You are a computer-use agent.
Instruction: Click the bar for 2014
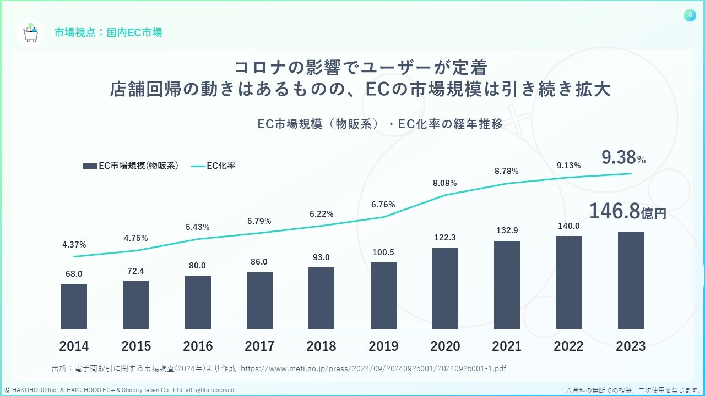pos(74,306)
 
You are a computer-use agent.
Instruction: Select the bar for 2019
pos(383,296)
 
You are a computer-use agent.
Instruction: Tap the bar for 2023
pos(631,280)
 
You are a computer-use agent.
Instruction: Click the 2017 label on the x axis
pos(259,346)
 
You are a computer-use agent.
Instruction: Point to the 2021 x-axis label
pos(507,346)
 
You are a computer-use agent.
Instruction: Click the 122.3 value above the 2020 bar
pos(445,238)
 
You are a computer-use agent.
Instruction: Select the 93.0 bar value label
pos(321,257)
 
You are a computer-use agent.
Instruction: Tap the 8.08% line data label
pos(445,183)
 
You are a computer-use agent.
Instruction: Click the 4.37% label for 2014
pos(74,244)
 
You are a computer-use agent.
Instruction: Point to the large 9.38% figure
pos(623,159)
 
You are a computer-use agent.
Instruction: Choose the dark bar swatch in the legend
pos(90,166)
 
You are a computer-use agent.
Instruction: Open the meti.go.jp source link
pos(373,368)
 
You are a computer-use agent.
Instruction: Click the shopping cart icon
pos(30,33)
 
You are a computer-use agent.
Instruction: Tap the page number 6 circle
pos(690,15)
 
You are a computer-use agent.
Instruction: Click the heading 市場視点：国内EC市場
pos(108,32)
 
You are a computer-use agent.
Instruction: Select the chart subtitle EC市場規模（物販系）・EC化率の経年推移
pos(380,124)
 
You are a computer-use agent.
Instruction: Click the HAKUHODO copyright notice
pos(120,390)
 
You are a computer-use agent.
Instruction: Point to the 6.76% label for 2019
pos(383,205)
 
